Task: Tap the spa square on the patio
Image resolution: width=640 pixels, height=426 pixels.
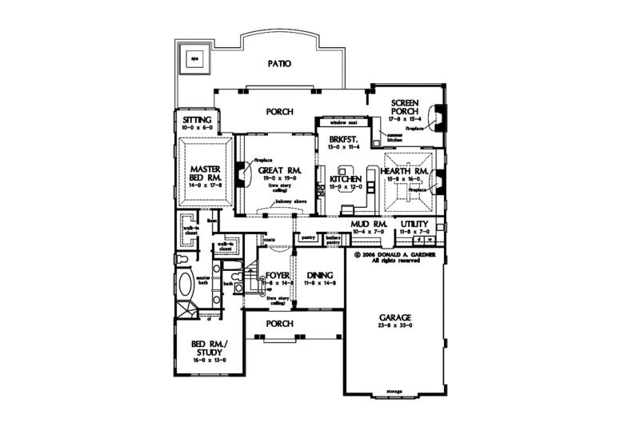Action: click(193, 58)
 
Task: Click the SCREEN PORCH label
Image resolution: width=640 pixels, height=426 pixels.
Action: click(406, 109)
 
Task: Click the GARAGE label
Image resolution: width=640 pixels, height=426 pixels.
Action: click(395, 318)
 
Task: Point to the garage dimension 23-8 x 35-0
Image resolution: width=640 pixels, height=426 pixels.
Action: click(395, 327)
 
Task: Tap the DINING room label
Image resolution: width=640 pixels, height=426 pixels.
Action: click(314, 275)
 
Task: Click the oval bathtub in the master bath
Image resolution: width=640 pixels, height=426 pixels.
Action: click(185, 285)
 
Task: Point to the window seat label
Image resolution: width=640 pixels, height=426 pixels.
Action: click(342, 123)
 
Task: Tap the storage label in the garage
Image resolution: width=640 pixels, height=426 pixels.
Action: click(394, 391)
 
